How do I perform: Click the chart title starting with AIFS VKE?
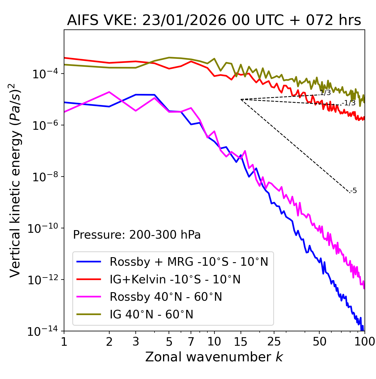[214, 21]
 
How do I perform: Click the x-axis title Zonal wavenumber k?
[214, 357]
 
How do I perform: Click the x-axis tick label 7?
[191, 342]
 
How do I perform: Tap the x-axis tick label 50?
[319, 342]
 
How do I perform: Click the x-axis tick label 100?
[364, 342]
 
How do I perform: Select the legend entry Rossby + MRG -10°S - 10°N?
[189, 262]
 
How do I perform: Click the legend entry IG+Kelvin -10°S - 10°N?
[175, 279]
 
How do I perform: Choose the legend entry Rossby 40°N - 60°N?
[166, 297]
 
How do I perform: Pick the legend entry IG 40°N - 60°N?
[151, 315]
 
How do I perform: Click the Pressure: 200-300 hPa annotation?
[137, 235]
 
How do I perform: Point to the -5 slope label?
[354, 191]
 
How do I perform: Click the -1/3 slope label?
[349, 103]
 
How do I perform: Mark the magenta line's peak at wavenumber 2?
[109, 92]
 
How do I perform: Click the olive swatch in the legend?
[89, 315]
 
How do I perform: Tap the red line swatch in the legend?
[89, 279]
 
